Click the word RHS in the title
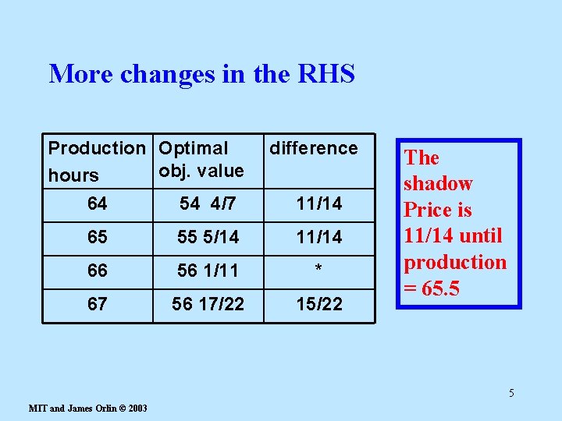(327, 74)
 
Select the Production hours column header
(97, 161)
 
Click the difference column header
(314, 148)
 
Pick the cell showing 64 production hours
(98, 204)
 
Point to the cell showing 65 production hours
(98, 236)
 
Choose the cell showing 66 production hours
(98, 271)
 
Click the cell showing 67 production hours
(98, 304)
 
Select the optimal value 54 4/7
(207, 204)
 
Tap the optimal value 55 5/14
(208, 236)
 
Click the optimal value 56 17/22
(208, 304)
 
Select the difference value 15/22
(318, 304)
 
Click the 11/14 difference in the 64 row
(318, 204)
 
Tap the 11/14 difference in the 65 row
(318, 236)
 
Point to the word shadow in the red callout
(438, 184)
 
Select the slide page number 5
(511, 393)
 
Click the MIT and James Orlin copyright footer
(87, 408)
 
